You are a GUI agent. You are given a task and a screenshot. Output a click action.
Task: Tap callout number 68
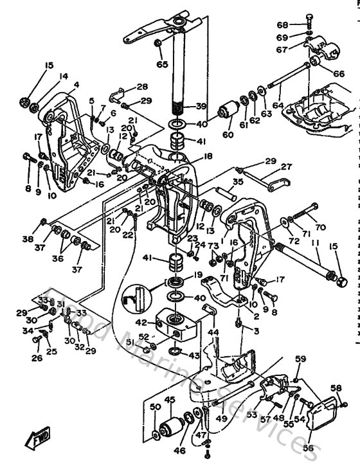pos(300,24)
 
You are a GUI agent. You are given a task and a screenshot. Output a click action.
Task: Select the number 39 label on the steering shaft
pos(202,107)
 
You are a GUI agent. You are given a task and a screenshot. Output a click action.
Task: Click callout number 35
pos(220,183)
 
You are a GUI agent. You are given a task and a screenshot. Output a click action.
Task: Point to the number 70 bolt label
pos(319,226)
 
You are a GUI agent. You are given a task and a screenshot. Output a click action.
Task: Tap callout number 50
pos(154,408)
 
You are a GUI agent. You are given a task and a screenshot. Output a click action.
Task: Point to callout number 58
pos(336,388)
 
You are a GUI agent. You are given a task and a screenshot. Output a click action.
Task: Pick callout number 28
pos(141,87)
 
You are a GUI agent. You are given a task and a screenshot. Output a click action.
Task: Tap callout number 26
pos(37,358)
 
